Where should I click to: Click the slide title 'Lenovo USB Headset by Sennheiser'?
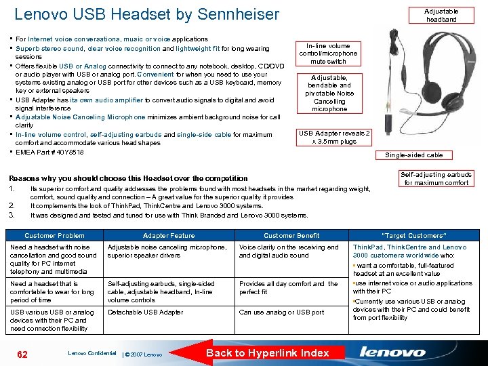(x=146, y=14)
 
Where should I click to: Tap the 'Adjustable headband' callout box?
(x=441, y=15)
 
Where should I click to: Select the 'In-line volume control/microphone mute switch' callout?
(x=329, y=54)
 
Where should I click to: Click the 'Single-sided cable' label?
(x=413, y=155)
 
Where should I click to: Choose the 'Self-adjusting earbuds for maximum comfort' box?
(x=436, y=178)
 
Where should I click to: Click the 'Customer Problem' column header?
(x=54, y=235)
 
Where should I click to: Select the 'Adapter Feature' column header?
(x=168, y=235)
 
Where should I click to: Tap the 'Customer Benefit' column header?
(x=291, y=235)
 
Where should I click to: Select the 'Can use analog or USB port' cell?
(x=281, y=312)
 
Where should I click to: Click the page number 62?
(x=22, y=353)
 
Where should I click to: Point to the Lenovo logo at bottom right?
(x=392, y=352)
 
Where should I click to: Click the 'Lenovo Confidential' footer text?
(x=92, y=353)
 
